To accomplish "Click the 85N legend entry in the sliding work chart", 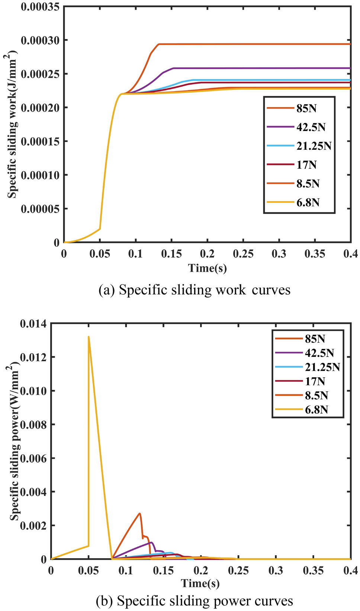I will coord(306,109).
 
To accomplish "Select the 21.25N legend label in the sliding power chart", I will coord(322,367).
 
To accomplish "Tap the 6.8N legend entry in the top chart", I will coord(308,203).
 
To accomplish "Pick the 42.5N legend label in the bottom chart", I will coord(319,353).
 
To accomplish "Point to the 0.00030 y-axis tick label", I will coord(39,40).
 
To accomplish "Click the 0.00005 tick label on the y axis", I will coord(39,209).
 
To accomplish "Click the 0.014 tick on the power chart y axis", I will coord(33,324).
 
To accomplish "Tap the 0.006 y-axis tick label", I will coord(33,458).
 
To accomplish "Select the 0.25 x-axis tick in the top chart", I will coord(243,254).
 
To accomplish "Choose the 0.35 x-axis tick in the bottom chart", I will coord(313,570).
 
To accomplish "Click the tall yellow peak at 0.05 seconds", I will coord(89,337).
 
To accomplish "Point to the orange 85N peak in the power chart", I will coord(140,514).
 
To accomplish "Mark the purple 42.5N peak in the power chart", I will coord(151,542).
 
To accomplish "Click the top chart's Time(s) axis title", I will coord(207,268).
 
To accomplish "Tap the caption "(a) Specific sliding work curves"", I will coord(194,290).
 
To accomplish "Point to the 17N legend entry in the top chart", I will coord(306,165).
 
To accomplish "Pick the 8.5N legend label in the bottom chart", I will coord(316,395).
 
